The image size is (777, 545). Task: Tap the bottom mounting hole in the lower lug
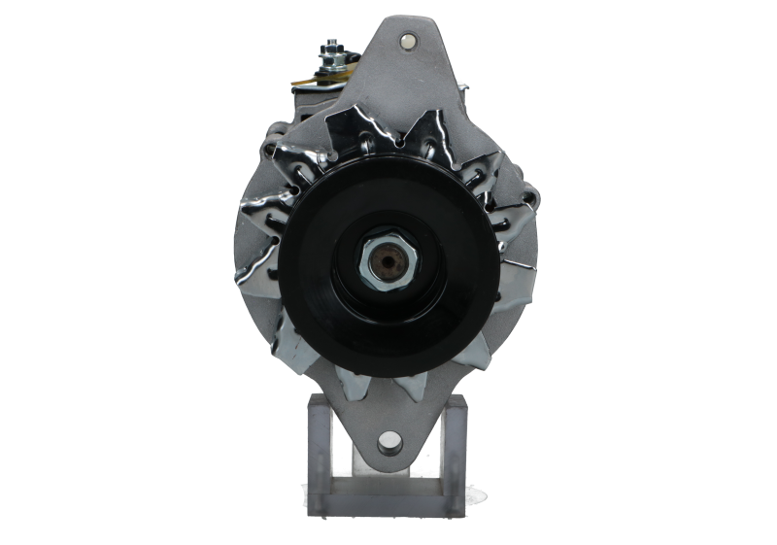[388, 442]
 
